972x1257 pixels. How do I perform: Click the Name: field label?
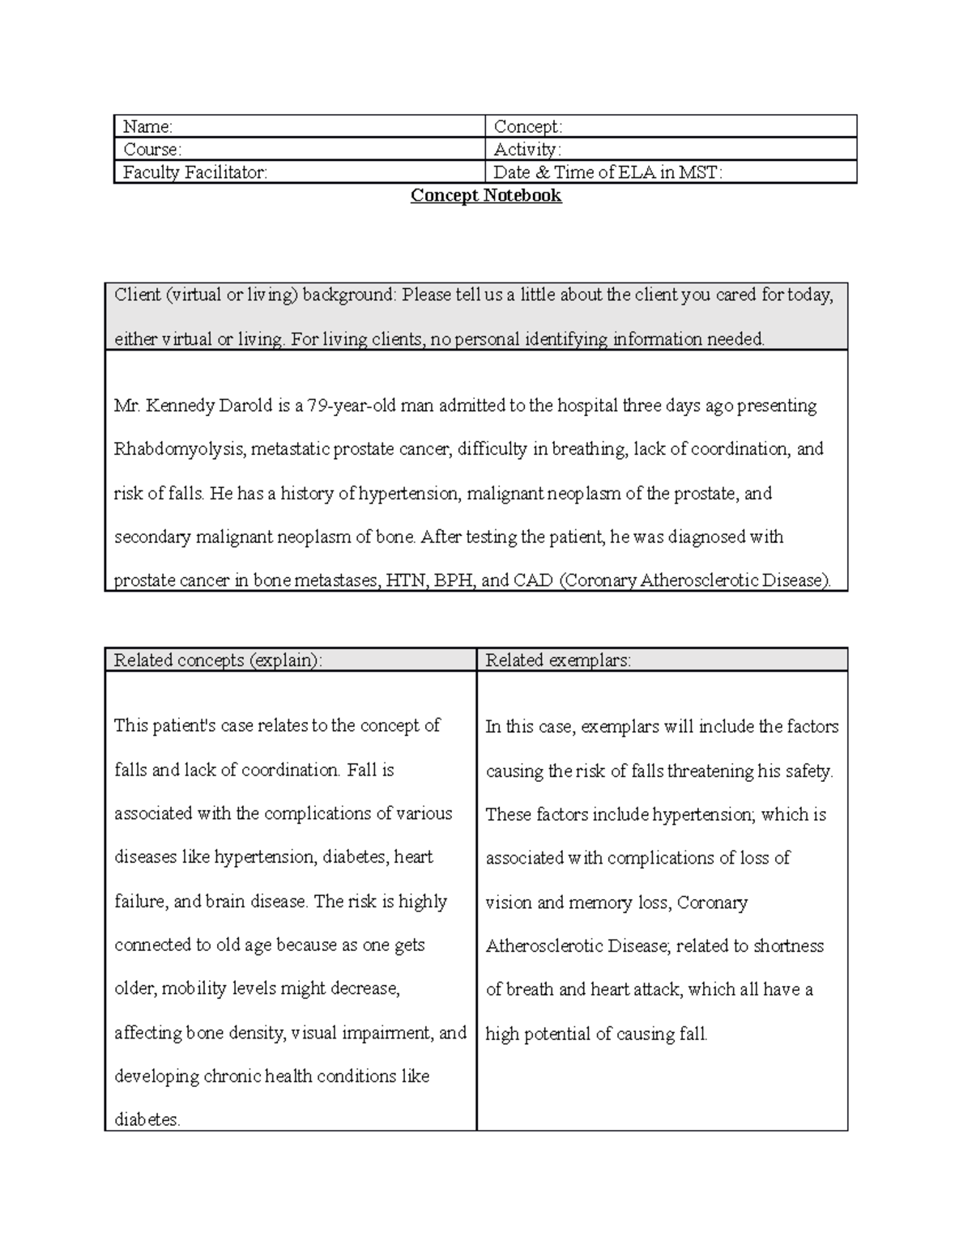(147, 127)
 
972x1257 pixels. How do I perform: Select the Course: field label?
(151, 150)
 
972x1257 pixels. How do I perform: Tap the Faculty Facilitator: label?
(194, 172)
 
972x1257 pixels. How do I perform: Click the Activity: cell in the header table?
(527, 150)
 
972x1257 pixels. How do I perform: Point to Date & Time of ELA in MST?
(607, 172)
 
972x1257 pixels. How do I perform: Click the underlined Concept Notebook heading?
(486, 196)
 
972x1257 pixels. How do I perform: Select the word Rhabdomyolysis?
(179, 449)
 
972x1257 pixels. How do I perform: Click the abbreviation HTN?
(406, 581)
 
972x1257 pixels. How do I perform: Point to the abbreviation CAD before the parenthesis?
(534, 581)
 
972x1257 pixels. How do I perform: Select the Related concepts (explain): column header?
(218, 660)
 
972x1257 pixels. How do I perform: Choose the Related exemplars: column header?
(558, 660)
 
